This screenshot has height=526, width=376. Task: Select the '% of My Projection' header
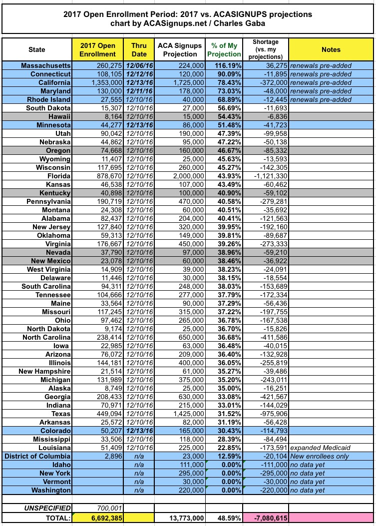[x=225, y=49]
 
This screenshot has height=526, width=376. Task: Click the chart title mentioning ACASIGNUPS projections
[x=188, y=18]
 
